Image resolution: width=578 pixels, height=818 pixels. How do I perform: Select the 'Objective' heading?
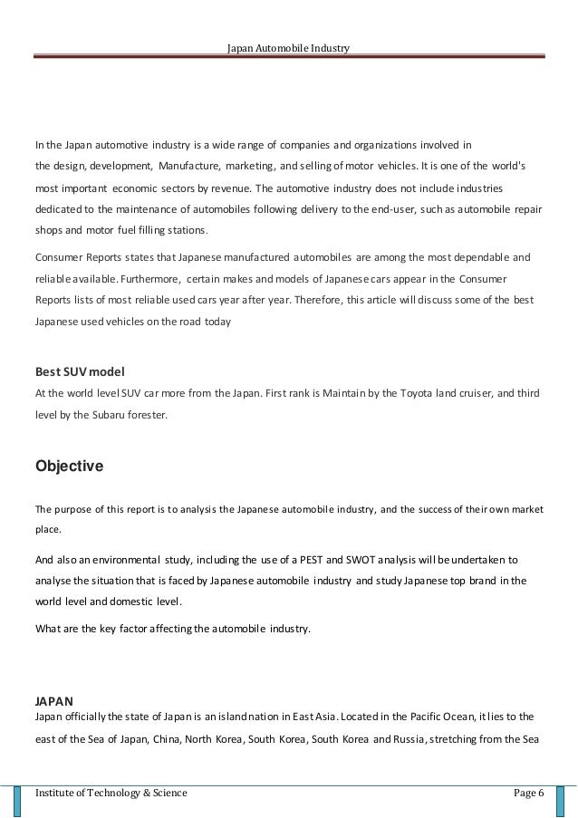pyautogui.click(x=69, y=467)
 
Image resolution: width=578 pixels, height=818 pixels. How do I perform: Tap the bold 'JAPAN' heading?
pyautogui.click(x=53, y=700)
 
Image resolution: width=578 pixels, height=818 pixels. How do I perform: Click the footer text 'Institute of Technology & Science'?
pyautogui.click(x=111, y=794)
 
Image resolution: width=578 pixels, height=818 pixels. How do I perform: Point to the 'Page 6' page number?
pyautogui.click(x=527, y=794)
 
